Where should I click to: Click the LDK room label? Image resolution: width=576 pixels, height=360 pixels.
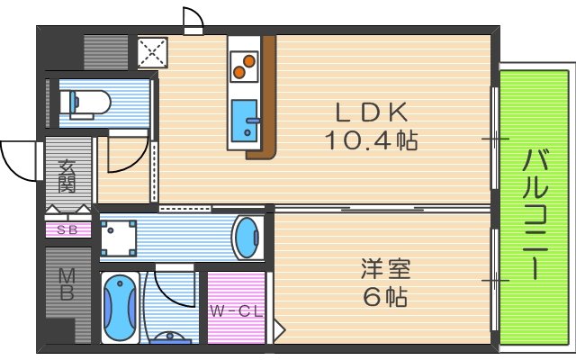pyautogui.click(x=373, y=112)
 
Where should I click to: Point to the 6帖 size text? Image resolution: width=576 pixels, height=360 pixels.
pyautogui.click(x=385, y=296)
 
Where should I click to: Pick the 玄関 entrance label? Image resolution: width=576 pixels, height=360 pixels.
pyautogui.click(x=67, y=175)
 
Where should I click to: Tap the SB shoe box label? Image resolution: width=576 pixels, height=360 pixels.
pyautogui.click(x=67, y=229)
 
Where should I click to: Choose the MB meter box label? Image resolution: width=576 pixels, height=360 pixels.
pyautogui.click(x=67, y=283)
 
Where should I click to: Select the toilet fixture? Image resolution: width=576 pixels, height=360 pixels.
pyautogui.click(x=86, y=103)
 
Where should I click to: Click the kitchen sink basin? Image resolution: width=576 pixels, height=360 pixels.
pyautogui.click(x=243, y=121)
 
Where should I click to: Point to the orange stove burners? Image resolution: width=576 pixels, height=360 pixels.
pyautogui.click(x=242, y=67)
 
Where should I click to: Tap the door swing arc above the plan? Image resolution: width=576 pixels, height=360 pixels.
pyautogui.click(x=192, y=18)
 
